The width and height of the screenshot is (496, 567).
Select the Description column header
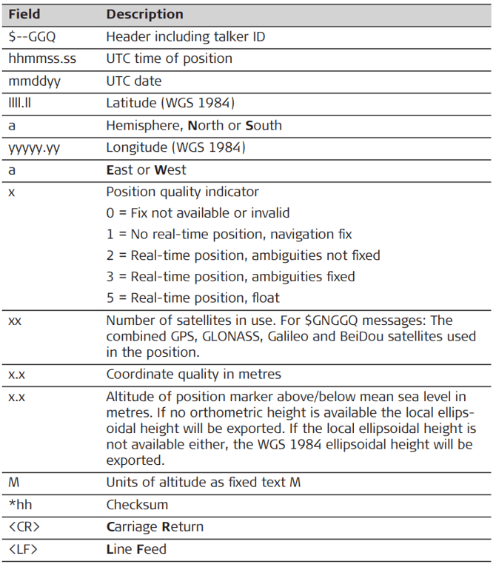point(144,14)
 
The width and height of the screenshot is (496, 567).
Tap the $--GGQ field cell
point(33,36)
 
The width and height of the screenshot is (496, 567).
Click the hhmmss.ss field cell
point(37,58)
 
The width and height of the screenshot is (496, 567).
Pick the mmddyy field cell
point(33,81)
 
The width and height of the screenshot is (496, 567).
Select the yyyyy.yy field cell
point(34,147)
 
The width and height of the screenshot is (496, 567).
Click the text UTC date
point(133,81)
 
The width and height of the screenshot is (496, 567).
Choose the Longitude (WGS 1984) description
point(176,147)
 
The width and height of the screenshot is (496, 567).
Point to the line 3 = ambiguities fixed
point(230,276)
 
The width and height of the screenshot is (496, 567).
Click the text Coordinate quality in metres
point(193,374)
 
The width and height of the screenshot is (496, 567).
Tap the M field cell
point(14,483)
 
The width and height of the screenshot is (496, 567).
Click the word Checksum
point(137,505)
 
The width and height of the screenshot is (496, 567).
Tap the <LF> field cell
point(23,549)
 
